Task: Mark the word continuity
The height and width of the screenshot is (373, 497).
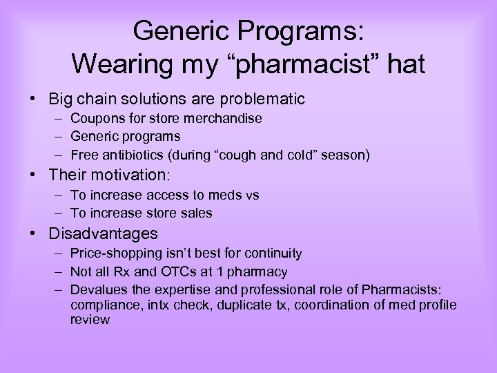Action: pos(276,254)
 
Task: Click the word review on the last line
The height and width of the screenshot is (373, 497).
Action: pos(90,320)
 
